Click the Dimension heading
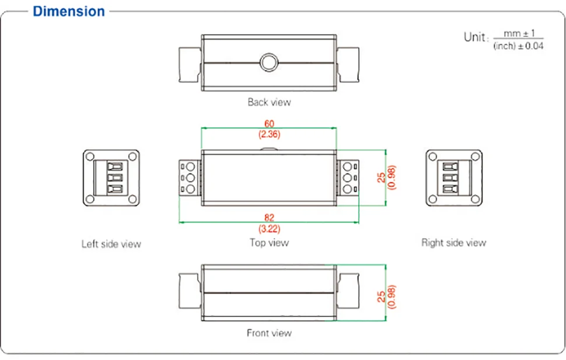pyautogui.click(x=69, y=11)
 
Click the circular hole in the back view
pyautogui.click(x=268, y=61)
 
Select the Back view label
pyautogui.click(x=269, y=102)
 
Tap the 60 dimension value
pyautogui.click(x=269, y=124)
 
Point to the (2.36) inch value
pyautogui.click(x=269, y=134)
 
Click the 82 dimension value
pyautogui.click(x=269, y=218)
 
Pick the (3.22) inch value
pyautogui.click(x=269, y=228)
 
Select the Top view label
pyautogui.click(x=269, y=242)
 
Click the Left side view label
pyautogui.click(x=111, y=244)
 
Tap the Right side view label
pyautogui.click(x=453, y=243)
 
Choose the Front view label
pyautogui.click(x=269, y=333)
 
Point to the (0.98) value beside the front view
pyautogui.click(x=392, y=296)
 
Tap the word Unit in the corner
pyautogui.click(x=474, y=37)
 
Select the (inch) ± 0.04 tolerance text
pyautogui.click(x=518, y=46)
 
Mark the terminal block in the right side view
pyautogui.click(x=453, y=177)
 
